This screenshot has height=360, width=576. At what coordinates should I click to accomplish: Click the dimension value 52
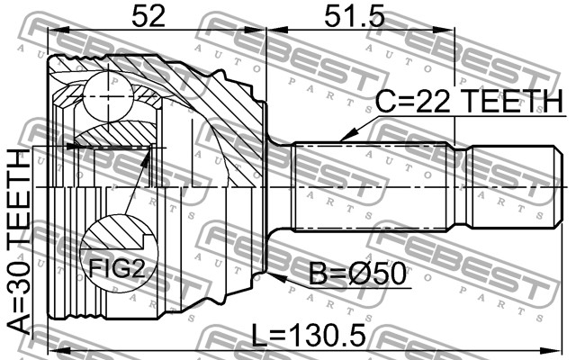point(148,16)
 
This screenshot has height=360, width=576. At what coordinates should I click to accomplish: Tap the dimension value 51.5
point(354,16)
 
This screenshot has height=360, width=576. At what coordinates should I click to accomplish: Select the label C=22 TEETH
point(469,101)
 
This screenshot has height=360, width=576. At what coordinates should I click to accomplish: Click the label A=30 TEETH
point(19,241)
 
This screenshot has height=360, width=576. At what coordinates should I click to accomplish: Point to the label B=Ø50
point(357,274)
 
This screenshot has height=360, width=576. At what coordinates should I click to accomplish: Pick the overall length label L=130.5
point(308,335)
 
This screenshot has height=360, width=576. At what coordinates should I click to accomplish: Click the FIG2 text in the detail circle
point(117,268)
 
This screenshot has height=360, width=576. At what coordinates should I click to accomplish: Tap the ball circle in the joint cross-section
point(108,96)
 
